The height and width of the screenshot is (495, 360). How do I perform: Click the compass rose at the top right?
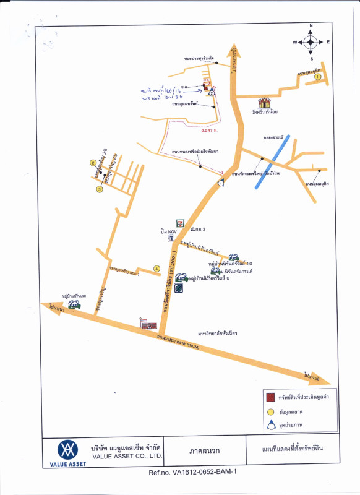point(311,42)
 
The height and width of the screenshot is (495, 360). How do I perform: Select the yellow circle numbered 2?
point(93,163)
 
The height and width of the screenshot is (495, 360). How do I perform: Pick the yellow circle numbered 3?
point(99,189)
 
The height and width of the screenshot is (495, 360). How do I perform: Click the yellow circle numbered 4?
point(156,269)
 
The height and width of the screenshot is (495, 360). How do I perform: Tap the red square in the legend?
point(270,397)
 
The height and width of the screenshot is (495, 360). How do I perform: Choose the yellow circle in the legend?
point(270,411)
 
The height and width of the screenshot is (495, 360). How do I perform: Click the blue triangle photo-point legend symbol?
point(270,425)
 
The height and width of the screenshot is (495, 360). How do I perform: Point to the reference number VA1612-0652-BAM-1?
point(193,472)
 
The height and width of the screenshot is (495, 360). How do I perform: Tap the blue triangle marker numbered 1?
point(221,184)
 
